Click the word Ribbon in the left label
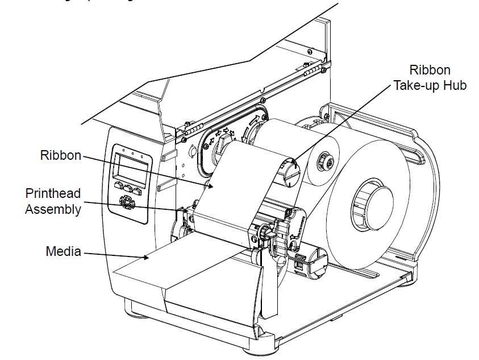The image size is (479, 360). (x=60, y=155)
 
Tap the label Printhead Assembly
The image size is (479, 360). (x=52, y=201)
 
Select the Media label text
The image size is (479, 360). (x=64, y=251)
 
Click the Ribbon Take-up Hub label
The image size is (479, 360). (x=430, y=78)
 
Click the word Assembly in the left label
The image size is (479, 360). (x=52, y=209)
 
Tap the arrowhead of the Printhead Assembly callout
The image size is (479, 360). (x=186, y=210)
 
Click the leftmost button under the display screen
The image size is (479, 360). (x=119, y=185)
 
